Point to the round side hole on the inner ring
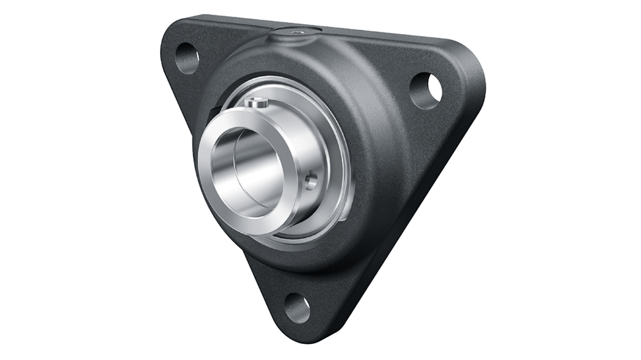pyautogui.click(x=311, y=181)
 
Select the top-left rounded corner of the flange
pyautogui.click(x=174, y=32)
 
